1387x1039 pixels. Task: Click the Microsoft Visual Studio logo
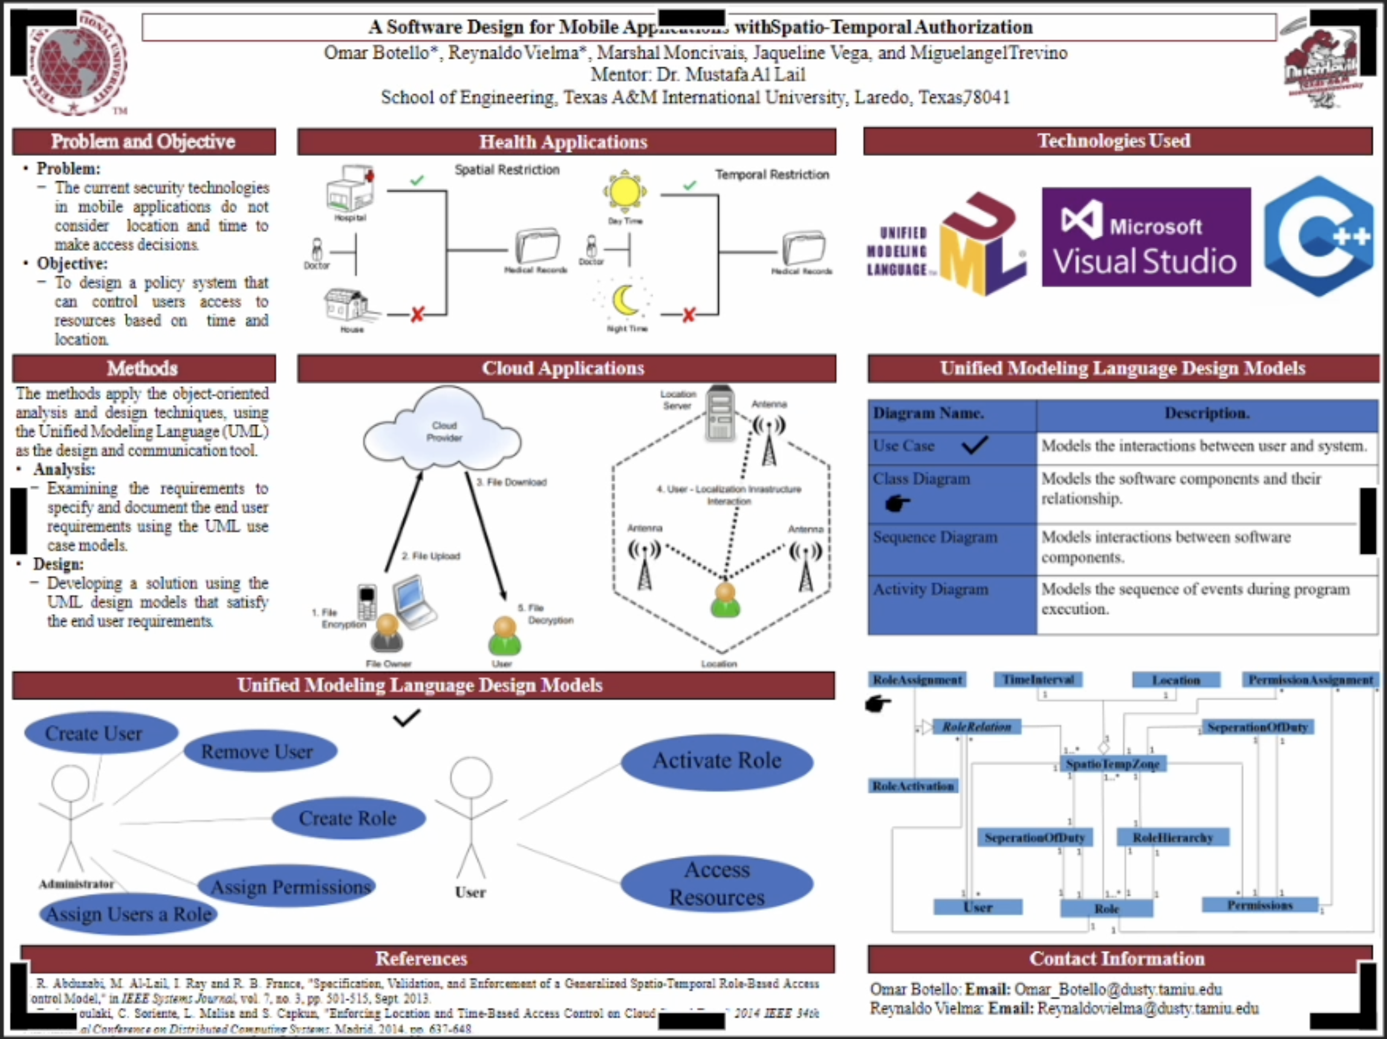point(1146,238)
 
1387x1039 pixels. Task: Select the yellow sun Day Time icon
point(625,192)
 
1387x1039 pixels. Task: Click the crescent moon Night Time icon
point(625,301)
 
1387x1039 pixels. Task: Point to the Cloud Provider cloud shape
point(443,430)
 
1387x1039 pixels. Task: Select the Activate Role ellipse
point(716,761)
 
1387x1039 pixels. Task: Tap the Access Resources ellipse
point(716,884)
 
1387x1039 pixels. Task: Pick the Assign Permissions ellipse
point(288,887)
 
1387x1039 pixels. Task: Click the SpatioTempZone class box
point(1113,764)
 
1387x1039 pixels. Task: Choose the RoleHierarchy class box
point(1172,838)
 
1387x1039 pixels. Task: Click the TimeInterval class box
point(1038,680)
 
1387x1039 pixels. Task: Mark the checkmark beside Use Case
point(975,445)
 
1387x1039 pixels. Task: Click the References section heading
point(421,958)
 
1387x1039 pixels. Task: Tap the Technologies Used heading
point(1114,141)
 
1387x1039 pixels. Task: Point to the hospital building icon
point(351,189)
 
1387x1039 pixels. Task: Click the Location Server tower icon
point(720,414)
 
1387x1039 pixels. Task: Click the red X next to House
point(418,314)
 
